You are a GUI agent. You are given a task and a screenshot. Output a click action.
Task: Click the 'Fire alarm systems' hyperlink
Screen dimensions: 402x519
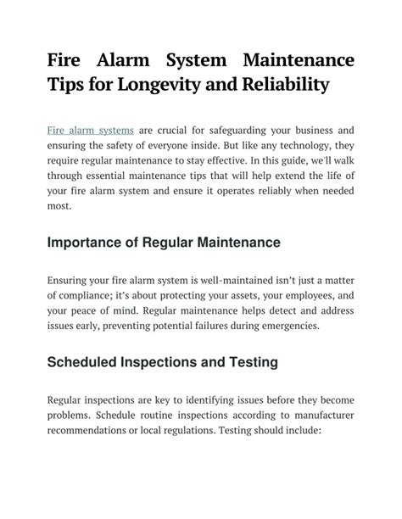[x=91, y=131]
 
